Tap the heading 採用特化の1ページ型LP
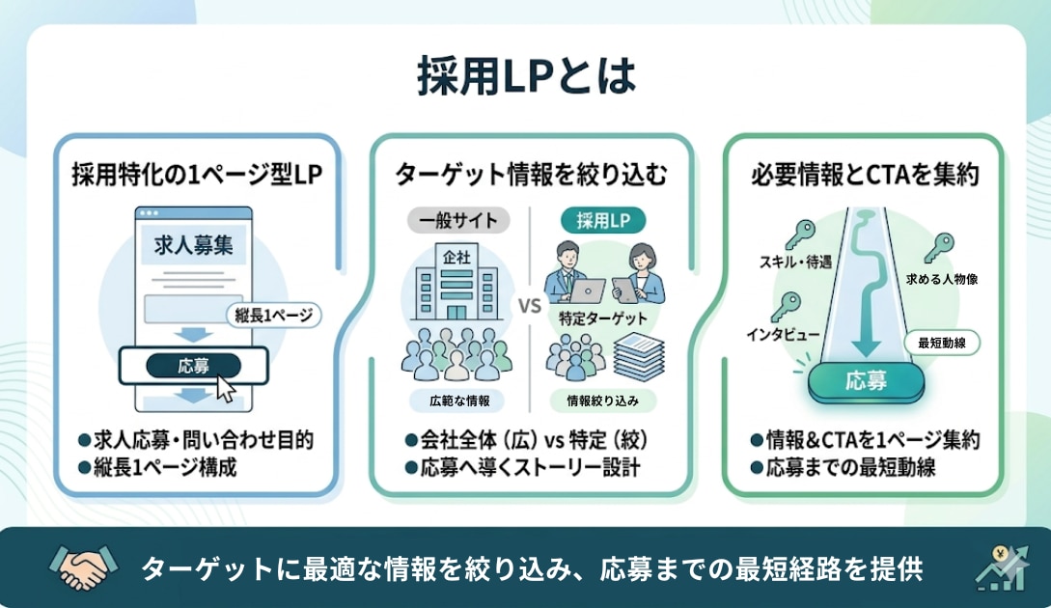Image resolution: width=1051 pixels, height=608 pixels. pos(196,175)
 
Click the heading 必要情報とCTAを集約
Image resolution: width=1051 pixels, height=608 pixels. pos(865,175)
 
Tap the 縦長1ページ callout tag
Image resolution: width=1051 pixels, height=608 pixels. pos(273,315)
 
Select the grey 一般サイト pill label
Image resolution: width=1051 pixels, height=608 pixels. pos(458,220)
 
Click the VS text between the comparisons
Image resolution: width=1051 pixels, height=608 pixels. pos(529,308)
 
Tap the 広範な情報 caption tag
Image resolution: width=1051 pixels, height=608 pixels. pos(456,399)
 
